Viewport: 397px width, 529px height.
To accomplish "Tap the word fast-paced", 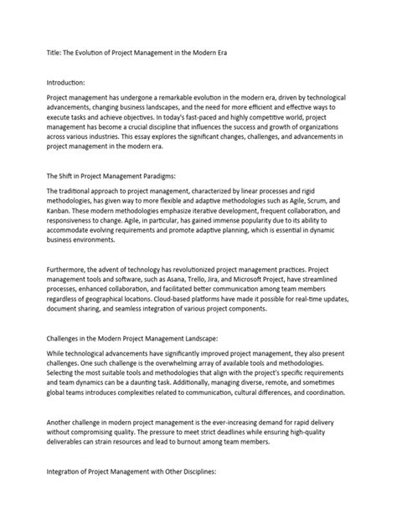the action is [x=230, y=119].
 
